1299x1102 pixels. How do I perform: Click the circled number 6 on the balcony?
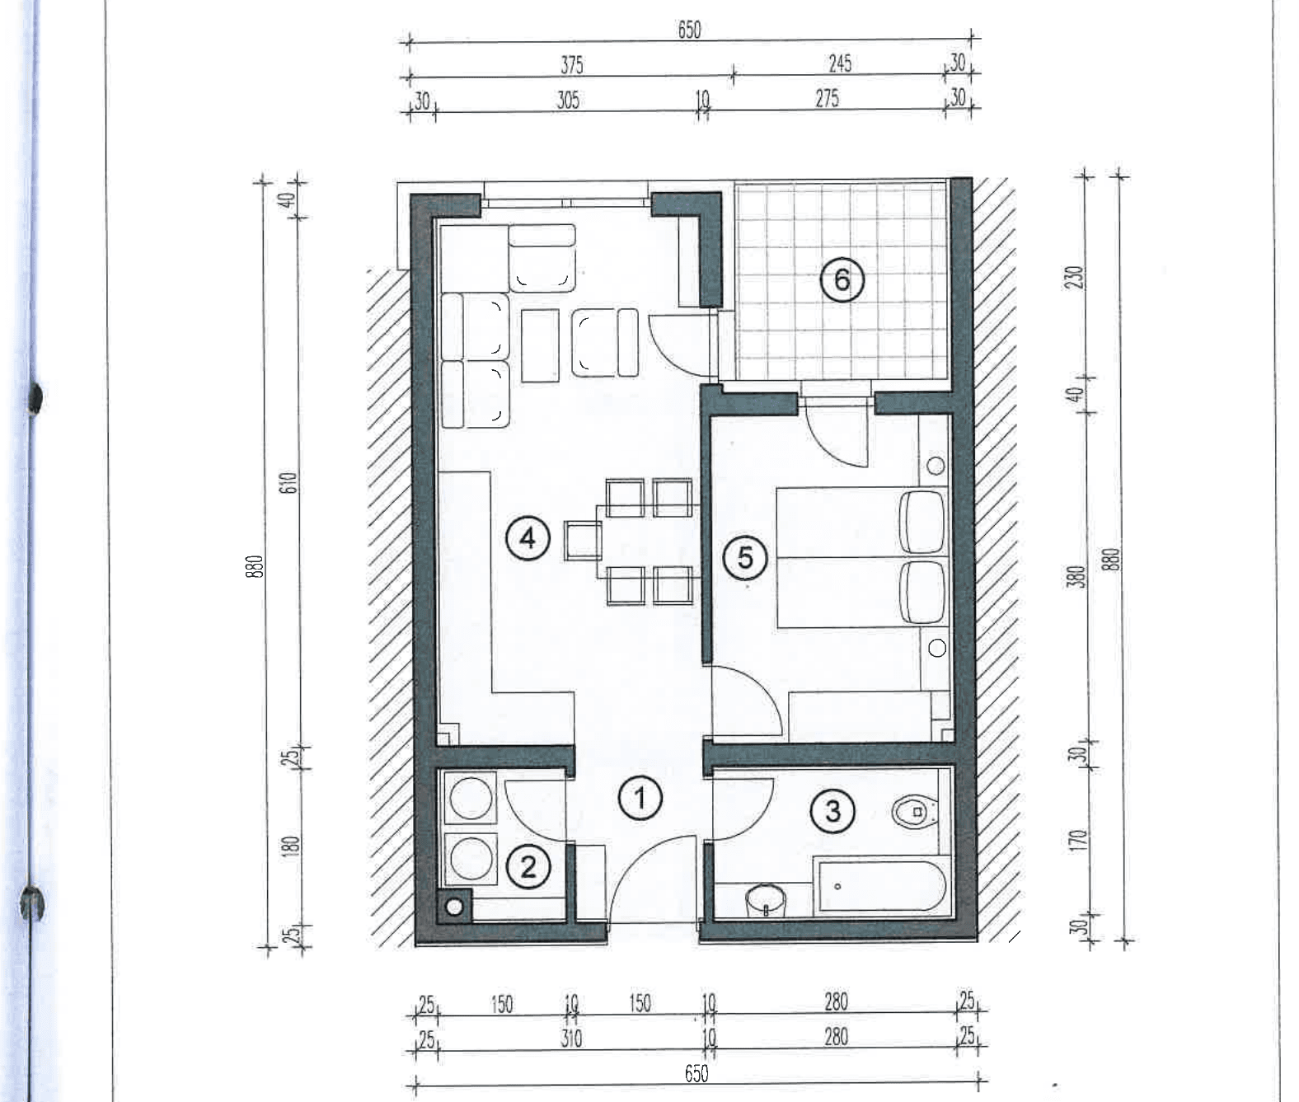[842, 279]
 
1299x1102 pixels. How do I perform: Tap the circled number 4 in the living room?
[528, 538]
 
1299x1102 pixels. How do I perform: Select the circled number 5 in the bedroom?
[745, 558]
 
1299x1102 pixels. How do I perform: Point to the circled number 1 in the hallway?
[640, 799]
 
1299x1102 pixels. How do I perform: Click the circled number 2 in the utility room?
[528, 868]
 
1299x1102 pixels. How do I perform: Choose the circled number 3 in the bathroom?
[832, 811]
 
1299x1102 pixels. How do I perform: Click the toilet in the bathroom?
[914, 812]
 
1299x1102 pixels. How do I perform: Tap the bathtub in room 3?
[879, 886]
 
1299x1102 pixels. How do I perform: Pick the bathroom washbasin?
[766, 899]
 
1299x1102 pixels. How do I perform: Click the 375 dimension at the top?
[572, 65]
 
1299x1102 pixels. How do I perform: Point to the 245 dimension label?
[840, 63]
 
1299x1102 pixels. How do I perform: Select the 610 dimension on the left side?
[290, 483]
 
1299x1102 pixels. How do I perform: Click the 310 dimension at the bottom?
[571, 1038]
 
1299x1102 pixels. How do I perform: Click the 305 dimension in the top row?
[568, 101]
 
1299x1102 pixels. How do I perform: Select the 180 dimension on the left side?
[290, 846]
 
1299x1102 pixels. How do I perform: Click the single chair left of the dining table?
[583, 540]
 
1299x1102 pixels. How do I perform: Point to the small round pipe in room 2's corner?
[454, 907]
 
